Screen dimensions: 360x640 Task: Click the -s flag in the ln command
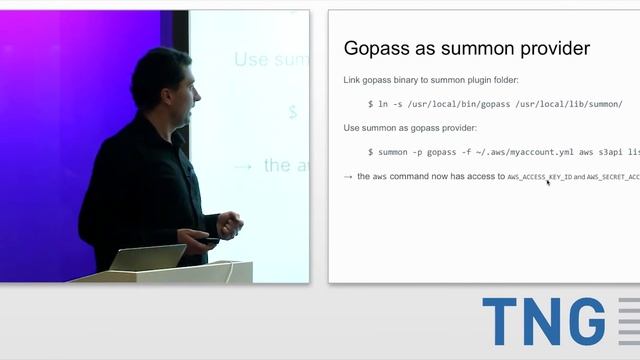(x=394, y=104)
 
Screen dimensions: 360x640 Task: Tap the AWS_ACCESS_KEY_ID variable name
(x=539, y=177)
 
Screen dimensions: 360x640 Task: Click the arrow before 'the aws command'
(x=347, y=177)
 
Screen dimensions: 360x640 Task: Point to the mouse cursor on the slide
(x=548, y=183)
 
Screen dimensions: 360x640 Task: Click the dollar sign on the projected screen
(x=293, y=112)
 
